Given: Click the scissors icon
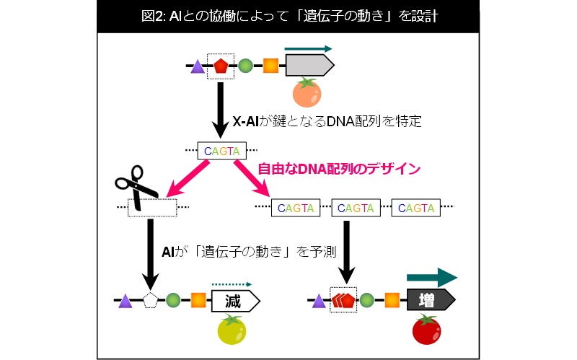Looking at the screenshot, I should click(135, 185).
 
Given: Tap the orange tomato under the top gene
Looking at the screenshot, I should click(306, 93).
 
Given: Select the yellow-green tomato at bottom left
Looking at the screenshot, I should click(232, 330).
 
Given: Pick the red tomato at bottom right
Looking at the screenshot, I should click(426, 329).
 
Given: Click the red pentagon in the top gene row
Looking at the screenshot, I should click(219, 67).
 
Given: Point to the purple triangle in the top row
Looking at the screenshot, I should click(197, 66).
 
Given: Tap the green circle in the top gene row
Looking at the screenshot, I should click(245, 67).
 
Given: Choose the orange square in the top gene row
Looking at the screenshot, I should click(270, 67).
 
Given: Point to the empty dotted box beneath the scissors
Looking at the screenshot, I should click(152, 208).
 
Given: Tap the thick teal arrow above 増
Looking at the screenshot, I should click(431, 278).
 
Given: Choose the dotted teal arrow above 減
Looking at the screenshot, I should click(231, 284).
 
